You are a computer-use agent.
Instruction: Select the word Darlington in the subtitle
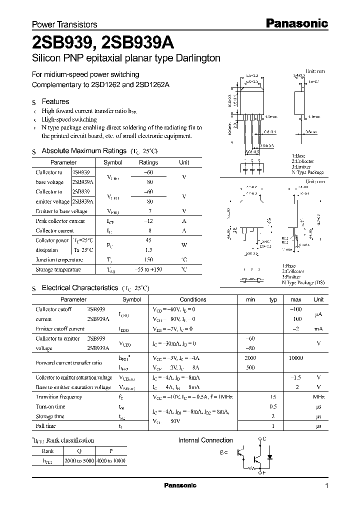click(196, 58)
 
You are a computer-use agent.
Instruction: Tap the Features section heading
click(55, 101)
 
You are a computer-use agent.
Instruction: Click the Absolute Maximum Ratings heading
click(83, 150)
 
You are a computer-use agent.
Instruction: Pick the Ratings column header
click(148, 162)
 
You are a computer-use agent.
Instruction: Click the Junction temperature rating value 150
click(148, 259)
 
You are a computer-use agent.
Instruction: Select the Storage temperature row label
click(58, 269)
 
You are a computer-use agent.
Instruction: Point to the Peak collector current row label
click(60, 221)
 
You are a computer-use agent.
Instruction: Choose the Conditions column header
click(193, 299)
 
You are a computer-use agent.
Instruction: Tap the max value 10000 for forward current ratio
click(296, 358)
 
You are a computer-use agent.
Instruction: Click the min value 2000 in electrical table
click(250, 358)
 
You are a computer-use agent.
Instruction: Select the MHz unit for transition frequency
click(318, 396)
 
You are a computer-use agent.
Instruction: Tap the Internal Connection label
click(205, 440)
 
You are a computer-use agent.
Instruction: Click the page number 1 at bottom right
click(326, 486)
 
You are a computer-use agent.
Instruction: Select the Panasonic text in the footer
click(180, 485)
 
